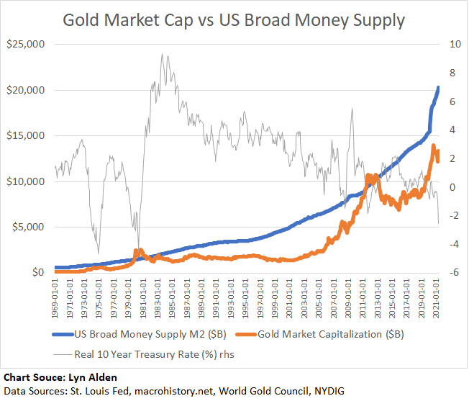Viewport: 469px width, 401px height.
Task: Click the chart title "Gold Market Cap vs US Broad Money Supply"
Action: click(234, 19)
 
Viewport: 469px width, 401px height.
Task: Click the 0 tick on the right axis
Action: click(452, 187)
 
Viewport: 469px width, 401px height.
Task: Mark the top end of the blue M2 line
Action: click(439, 88)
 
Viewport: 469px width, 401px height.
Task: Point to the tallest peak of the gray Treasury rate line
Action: click(163, 54)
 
